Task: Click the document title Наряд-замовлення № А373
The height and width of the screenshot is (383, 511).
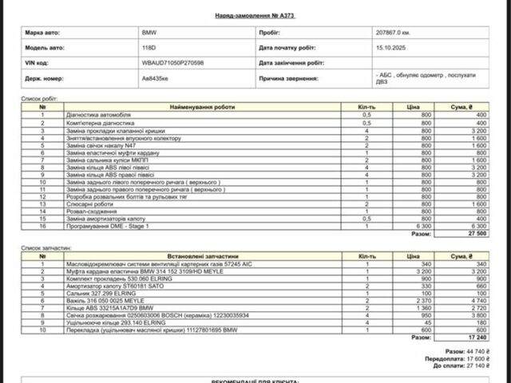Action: click(255, 15)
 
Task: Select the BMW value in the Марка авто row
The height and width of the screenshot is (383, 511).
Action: click(149, 34)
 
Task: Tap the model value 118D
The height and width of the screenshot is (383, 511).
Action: click(149, 48)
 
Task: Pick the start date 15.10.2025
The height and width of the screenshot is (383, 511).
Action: click(390, 48)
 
